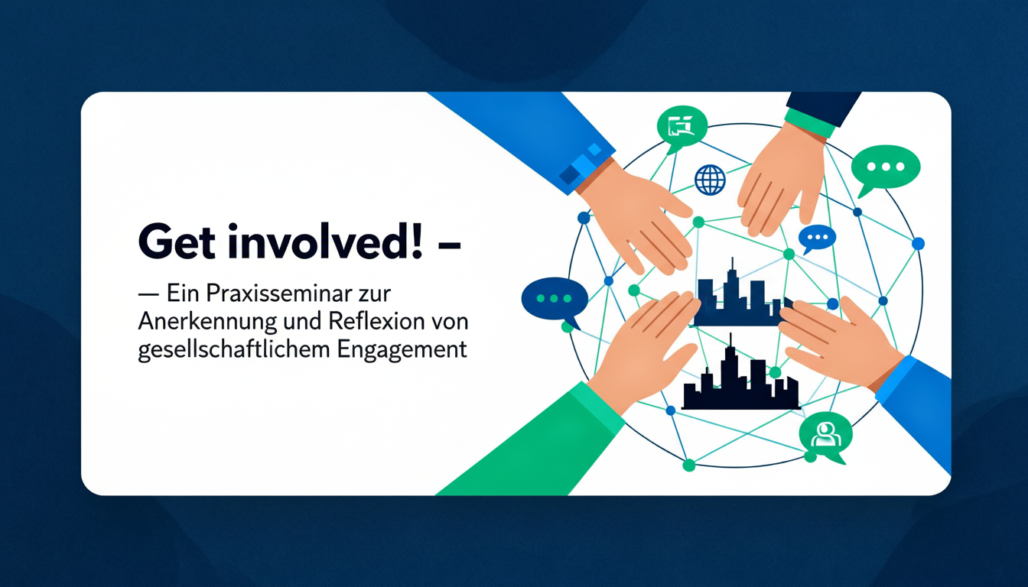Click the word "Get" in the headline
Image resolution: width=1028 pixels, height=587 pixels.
[177, 242]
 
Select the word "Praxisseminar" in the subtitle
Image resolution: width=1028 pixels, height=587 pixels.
[272, 293]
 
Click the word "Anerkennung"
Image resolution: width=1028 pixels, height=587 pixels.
[207, 322]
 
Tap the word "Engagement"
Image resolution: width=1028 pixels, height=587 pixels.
[402, 350]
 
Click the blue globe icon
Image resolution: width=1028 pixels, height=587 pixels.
[710, 180]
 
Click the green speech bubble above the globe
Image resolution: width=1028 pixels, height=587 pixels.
[682, 128]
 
